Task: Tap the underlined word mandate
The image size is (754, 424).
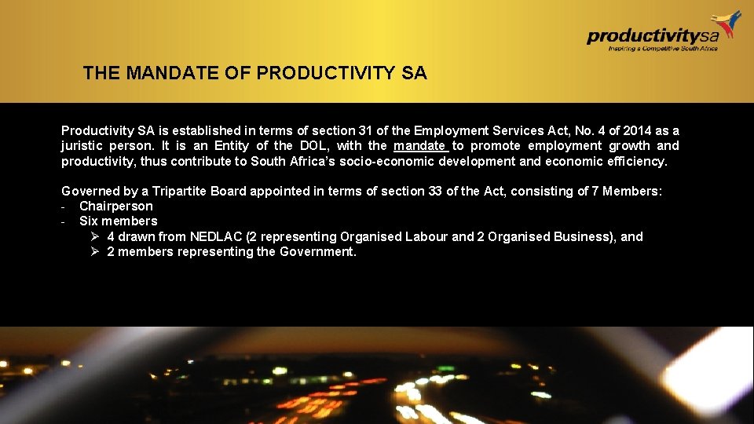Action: [419, 146]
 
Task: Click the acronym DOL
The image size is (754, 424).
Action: [312, 146]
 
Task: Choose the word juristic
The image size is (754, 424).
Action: [83, 146]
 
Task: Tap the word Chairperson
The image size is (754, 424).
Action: [116, 206]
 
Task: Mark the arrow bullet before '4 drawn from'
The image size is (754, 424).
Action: [93, 236]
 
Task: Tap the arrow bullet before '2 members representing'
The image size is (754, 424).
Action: [93, 252]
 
